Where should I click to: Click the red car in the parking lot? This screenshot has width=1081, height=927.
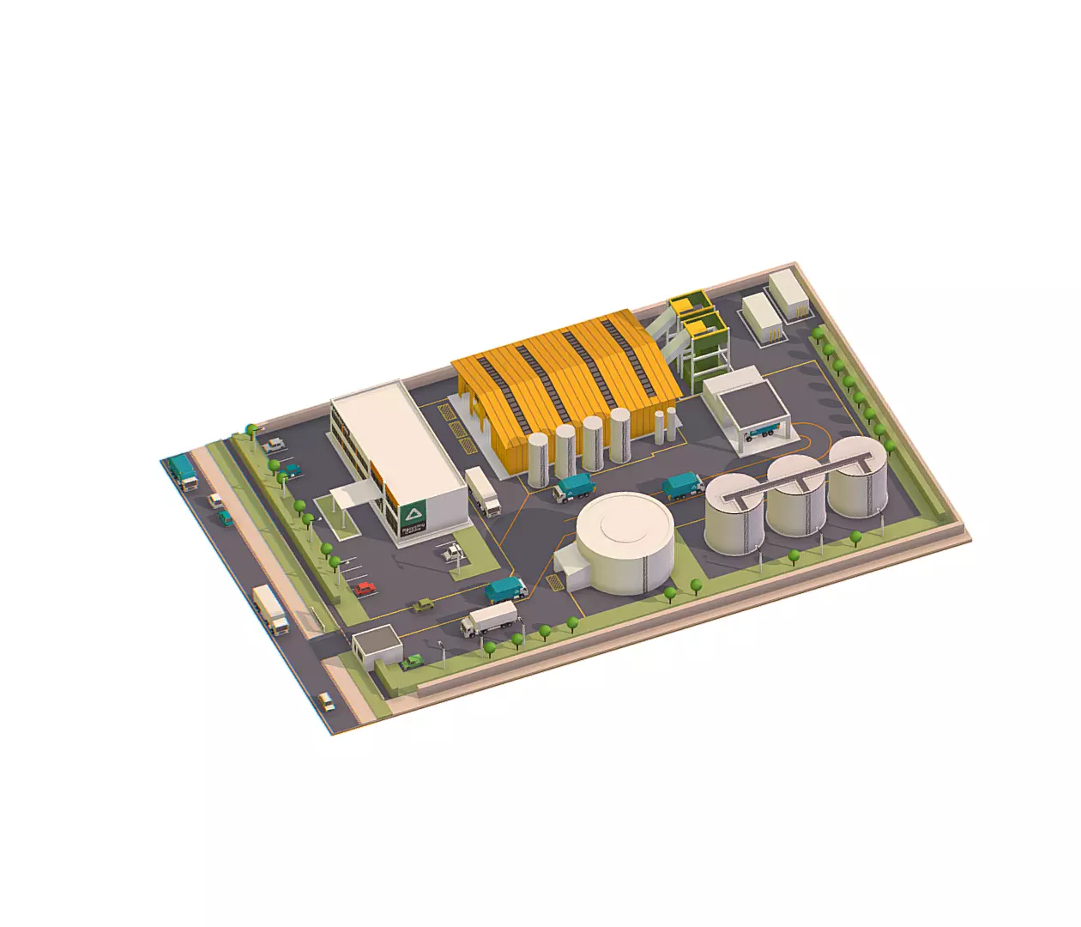[x=365, y=589]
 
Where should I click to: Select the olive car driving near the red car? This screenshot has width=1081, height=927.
[x=422, y=606]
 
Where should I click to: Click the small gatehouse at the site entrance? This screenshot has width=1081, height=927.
[x=377, y=645]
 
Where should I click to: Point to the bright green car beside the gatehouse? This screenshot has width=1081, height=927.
[x=413, y=662]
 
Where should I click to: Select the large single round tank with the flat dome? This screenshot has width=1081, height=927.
[x=624, y=542]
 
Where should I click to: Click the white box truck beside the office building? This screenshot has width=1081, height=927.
[x=483, y=492]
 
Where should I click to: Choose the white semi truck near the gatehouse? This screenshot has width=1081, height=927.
[x=489, y=619]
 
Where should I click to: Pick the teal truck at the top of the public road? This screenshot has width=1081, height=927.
[x=183, y=471]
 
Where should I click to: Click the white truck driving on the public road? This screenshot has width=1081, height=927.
[x=270, y=609]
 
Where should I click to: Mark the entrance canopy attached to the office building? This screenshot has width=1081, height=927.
[x=354, y=495]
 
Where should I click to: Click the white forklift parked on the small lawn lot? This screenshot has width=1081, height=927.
[x=451, y=552]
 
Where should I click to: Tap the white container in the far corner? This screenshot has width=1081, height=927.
[x=787, y=294]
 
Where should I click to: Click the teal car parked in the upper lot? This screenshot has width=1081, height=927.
[x=292, y=470]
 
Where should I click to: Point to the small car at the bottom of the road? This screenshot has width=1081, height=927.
[x=326, y=701]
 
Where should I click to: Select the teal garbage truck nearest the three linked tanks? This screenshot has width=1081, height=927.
[x=682, y=487]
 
